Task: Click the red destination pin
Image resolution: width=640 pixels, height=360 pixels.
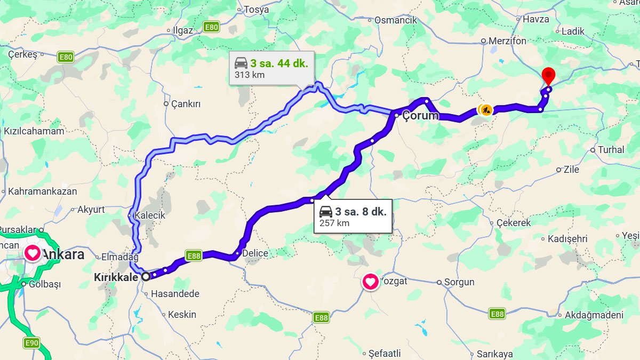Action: (x=548, y=76)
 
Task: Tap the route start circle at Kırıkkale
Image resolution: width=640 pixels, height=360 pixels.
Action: (x=145, y=276)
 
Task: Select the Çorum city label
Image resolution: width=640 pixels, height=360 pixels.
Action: (x=420, y=116)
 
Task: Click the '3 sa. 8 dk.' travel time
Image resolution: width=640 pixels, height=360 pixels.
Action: (x=361, y=212)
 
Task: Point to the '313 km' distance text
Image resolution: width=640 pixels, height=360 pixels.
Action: (x=250, y=75)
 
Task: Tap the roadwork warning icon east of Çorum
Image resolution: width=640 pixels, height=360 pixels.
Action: (x=485, y=110)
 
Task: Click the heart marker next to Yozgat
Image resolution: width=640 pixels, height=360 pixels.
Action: (x=371, y=281)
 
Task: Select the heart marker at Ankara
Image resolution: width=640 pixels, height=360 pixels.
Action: (x=33, y=253)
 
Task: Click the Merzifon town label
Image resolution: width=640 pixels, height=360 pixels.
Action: (x=507, y=41)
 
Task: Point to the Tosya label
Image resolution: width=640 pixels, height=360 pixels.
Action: (x=257, y=10)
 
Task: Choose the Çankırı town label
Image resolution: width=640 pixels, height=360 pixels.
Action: (x=186, y=104)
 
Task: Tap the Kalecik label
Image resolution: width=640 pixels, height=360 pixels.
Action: (x=150, y=215)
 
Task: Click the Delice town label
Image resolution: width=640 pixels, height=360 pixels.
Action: (x=255, y=253)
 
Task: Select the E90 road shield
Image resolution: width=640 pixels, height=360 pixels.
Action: (x=31, y=343)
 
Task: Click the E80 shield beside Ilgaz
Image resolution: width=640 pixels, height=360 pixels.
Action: (x=212, y=27)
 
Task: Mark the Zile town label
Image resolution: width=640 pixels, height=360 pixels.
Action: (x=571, y=170)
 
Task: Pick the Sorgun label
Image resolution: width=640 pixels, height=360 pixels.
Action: (x=459, y=282)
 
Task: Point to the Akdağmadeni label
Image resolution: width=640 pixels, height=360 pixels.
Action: (x=594, y=315)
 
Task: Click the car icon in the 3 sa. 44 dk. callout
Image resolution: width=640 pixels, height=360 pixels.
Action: (x=241, y=63)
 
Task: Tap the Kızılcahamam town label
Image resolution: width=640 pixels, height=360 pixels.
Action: (x=34, y=131)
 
